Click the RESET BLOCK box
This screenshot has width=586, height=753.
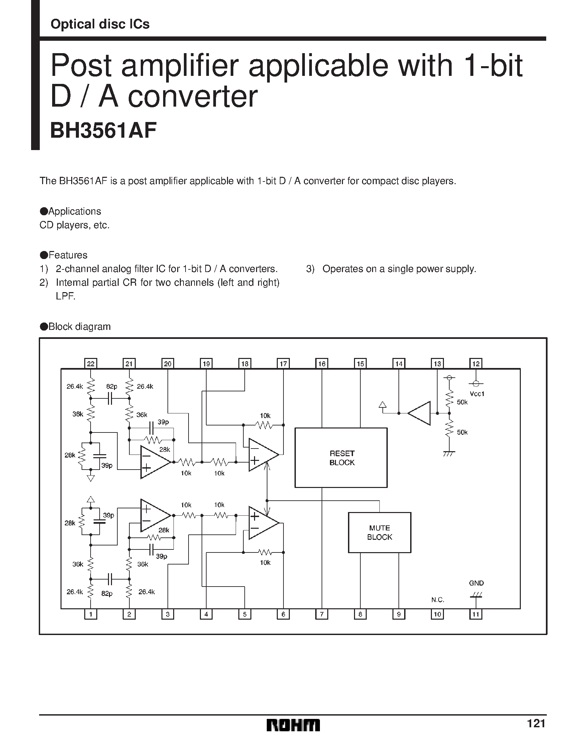[341, 458]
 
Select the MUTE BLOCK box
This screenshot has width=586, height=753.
[379, 532]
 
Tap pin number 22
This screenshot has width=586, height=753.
[91, 363]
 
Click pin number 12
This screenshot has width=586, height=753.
[476, 363]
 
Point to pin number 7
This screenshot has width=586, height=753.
[322, 614]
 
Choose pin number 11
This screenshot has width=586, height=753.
[476, 614]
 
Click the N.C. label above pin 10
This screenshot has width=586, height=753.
[437, 600]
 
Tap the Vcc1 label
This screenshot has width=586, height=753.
[477, 394]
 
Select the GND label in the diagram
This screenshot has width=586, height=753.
[476, 583]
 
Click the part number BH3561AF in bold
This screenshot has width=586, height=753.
[103, 131]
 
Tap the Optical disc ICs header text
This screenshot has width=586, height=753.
[100, 24]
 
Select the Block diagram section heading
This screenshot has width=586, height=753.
[79, 327]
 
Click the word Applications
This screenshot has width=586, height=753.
[75, 211]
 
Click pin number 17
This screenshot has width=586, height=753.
[283, 363]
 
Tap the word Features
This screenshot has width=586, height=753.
[68, 255]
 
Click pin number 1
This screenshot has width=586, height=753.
[91, 614]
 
